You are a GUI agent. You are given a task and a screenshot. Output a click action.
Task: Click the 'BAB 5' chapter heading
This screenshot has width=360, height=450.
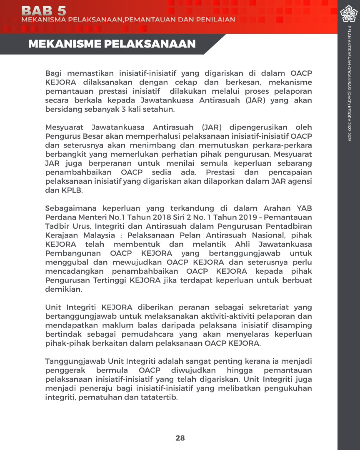click(43, 10)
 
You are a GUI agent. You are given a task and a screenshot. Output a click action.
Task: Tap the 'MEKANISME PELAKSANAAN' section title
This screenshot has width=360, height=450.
click(112, 44)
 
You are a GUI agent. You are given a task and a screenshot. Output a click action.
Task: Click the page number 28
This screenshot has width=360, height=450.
click(180, 438)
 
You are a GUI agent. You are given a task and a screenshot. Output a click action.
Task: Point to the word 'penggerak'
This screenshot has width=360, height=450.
click(66, 370)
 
